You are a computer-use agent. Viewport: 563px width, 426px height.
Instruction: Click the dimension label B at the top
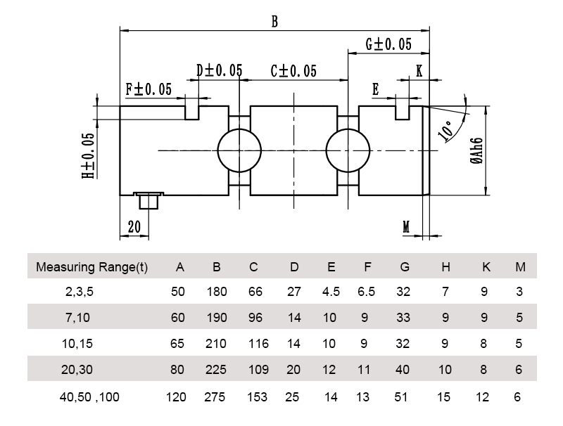(x=274, y=21)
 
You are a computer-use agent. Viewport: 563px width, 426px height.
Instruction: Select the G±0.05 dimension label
(x=388, y=44)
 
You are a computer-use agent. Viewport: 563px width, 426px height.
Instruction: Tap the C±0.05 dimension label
(x=293, y=71)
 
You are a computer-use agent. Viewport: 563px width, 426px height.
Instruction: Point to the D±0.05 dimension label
(x=219, y=70)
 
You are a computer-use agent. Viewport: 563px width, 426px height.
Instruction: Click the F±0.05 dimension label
(x=148, y=89)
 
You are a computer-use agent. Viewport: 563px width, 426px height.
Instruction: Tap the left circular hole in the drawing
(x=239, y=150)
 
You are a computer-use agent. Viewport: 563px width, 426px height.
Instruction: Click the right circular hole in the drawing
(x=348, y=150)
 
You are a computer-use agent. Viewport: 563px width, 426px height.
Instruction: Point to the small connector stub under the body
(x=148, y=200)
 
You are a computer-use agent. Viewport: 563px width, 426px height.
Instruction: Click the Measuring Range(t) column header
(x=91, y=267)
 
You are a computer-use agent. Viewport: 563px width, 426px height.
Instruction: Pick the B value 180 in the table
(x=217, y=292)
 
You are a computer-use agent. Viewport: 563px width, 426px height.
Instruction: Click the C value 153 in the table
(x=258, y=397)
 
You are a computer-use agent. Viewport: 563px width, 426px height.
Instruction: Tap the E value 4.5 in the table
(x=331, y=292)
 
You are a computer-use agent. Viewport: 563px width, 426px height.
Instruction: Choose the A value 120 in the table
(x=176, y=397)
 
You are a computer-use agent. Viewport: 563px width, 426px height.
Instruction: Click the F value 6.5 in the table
(x=366, y=292)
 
